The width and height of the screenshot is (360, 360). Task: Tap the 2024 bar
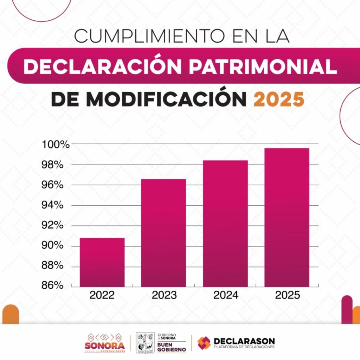(x=225, y=224)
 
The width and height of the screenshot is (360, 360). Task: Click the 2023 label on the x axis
(x=164, y=295)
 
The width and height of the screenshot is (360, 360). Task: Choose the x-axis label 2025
(x=287, y=295)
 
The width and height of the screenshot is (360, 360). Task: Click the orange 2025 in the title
(x=278, y=99)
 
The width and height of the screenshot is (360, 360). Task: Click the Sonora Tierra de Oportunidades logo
(x=104, y=343)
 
